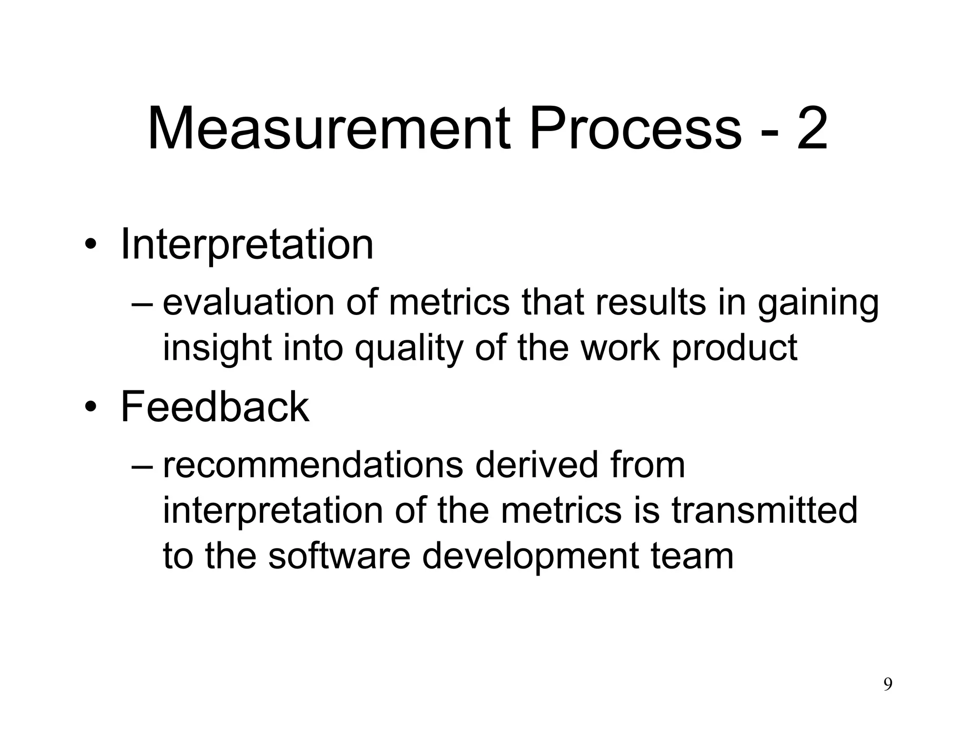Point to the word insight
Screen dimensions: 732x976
pos(217,348)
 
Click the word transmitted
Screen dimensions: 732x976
pos(764,510)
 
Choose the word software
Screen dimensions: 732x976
pos(339,556)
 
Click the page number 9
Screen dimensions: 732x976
pos(888,684)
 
